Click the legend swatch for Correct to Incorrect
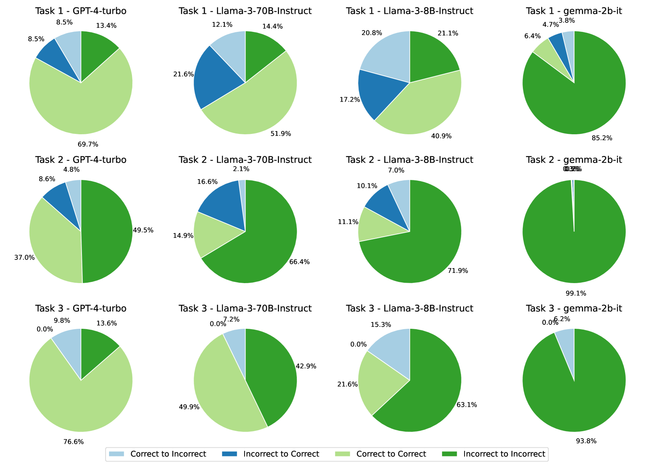click(x=117, y=454)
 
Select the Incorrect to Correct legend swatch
click(x=230, y=454)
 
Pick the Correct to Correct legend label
click(x=391, y=454)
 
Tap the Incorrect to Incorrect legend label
click(x=504, y=454)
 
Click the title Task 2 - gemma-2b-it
click(x=574, y=160)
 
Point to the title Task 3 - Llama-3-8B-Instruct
click(x=409, y=308)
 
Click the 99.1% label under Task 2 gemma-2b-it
click(x=576, y=293)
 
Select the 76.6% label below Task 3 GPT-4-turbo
click(x=74, y=442)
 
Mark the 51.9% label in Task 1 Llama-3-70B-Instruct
click(x=281, y=134)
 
